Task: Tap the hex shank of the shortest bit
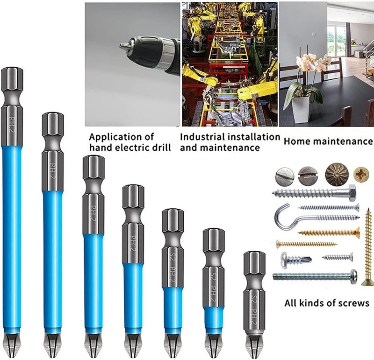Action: (x=254, y=264)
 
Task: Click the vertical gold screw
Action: (x=367, y=247)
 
